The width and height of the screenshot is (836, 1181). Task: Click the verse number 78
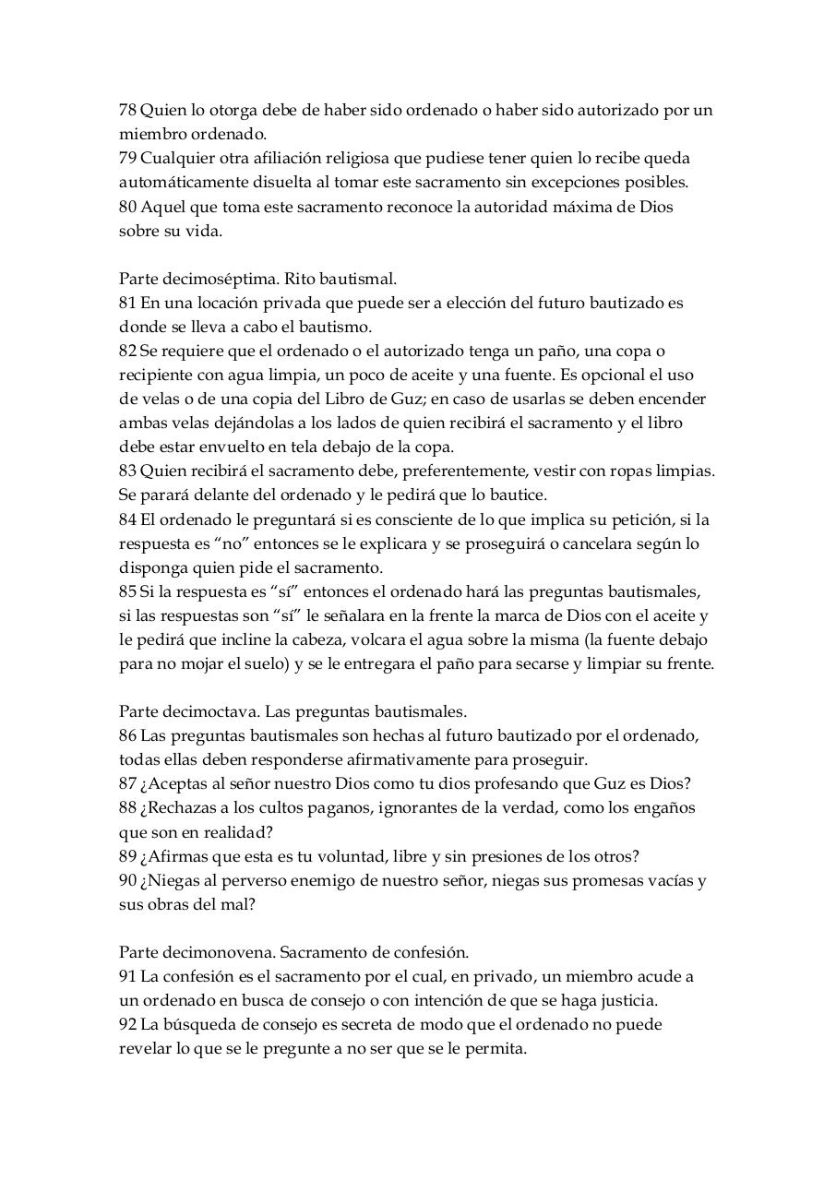coord(127,111)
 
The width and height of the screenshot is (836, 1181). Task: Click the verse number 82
coord(127,351)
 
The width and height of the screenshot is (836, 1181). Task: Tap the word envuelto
coord(243,447)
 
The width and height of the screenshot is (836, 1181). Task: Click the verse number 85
coord(127,590)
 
